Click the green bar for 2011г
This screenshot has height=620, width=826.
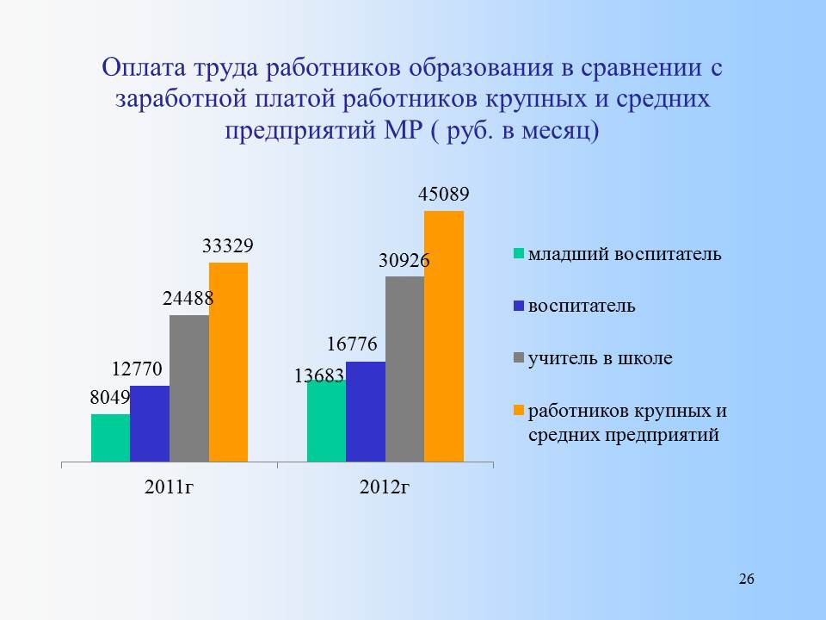[111, 438]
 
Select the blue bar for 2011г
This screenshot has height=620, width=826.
[150, 424]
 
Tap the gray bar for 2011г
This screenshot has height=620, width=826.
[189, 388]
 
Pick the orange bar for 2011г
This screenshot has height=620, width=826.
[229, 363]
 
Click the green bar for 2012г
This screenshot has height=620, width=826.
[327, 421]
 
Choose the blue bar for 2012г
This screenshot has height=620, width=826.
[366, 412]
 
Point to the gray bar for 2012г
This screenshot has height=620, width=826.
[405, 369]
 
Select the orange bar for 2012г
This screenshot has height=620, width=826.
[444, 337]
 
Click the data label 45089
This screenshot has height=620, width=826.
[444, 194]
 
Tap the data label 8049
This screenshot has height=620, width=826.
[109, 398]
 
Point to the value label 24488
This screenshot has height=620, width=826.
[188, 299]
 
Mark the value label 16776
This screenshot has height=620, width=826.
[352, 344]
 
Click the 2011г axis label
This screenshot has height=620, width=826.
[170, 487]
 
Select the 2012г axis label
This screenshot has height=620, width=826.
[384, 487]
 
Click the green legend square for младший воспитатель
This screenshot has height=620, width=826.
[519, 253]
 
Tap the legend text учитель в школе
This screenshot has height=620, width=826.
[600, 358]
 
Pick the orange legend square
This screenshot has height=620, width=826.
[519, 410]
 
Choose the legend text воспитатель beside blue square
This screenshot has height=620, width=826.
[582, 306]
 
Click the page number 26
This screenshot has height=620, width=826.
[747, 579]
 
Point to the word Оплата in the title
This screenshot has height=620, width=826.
[144, 68]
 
